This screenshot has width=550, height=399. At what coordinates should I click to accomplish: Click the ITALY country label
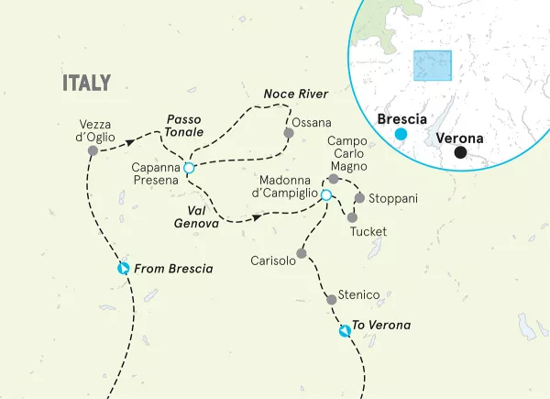point(86,83)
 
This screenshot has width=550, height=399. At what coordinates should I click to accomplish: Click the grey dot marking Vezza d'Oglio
point(92,150)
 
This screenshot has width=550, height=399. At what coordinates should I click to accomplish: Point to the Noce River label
point(295,94)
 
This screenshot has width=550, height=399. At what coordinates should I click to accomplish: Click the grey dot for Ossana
point(289,133)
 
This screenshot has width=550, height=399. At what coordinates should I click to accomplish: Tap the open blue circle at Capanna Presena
point(188,168)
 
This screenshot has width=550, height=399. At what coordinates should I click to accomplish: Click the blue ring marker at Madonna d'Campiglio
point(324,194)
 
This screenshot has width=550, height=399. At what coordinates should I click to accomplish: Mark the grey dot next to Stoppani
point(359,198)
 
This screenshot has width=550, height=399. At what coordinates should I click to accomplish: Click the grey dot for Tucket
point(352,217)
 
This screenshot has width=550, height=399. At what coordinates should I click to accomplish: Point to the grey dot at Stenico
point(331,299)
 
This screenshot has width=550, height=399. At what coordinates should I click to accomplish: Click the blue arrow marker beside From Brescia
point(124,269)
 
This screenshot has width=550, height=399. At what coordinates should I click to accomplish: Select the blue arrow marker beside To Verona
point(344,330)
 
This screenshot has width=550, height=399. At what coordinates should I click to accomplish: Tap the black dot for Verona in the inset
point(461,152)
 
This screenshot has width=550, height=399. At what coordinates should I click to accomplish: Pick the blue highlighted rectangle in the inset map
point(433,67)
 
